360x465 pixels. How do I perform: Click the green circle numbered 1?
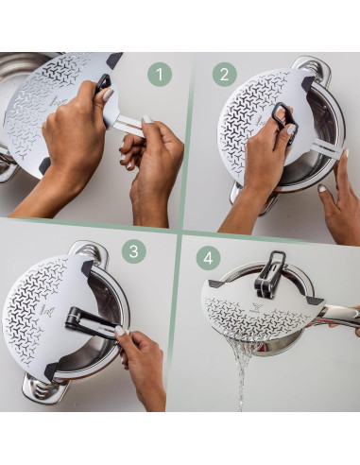(159, 74)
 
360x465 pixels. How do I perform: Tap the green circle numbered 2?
(224, 74)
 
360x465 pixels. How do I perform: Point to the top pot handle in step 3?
(87, 250)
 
